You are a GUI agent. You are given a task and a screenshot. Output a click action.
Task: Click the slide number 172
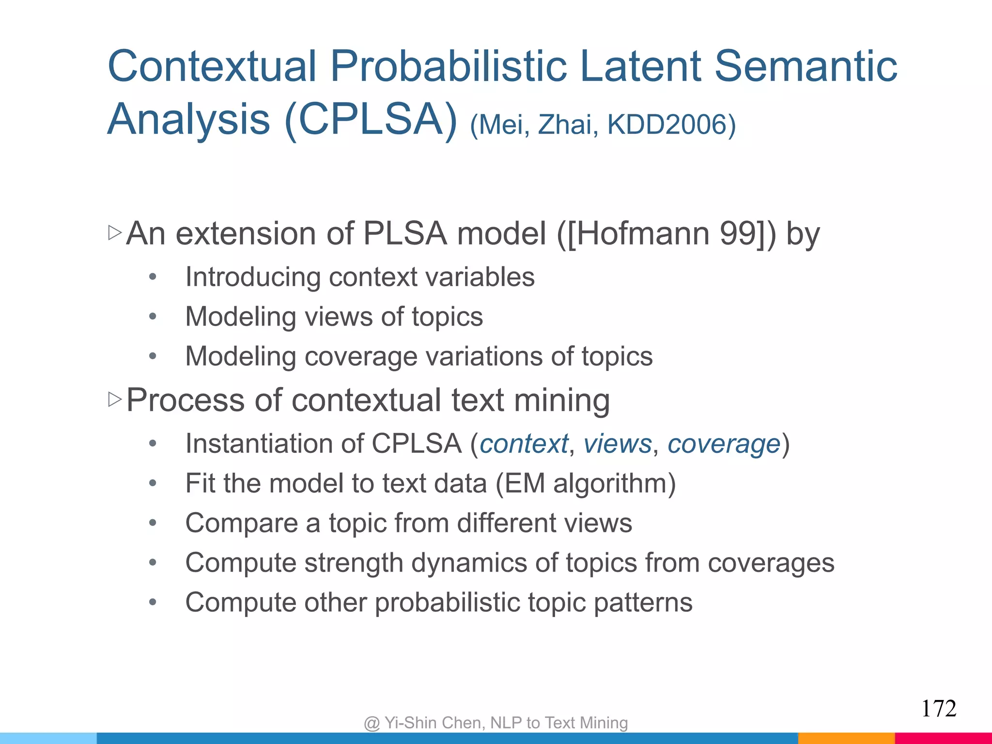click(938, 709)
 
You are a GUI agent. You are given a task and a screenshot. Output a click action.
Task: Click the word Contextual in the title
click(212, 66)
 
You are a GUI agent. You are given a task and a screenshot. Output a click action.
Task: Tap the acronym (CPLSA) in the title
click(371, 120)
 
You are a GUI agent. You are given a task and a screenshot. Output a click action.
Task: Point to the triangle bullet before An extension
click(115, 233)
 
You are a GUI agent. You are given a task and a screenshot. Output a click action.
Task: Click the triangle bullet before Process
click(115, 400)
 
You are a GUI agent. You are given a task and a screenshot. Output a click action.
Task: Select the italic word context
click(524, 444)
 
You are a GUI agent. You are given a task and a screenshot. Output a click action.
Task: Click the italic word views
click(618, 444)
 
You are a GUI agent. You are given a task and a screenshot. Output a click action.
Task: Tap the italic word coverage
click(724, 444)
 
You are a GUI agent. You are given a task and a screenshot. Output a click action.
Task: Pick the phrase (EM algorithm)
click(585, 483)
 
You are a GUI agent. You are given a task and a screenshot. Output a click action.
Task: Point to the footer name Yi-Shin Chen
click(434, 723)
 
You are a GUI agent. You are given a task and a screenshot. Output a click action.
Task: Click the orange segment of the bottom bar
click(846, 738)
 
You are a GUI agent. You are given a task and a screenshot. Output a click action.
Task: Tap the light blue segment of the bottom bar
click(48, 738)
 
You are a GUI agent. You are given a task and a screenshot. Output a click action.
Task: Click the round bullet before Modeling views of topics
click(153, 317)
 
